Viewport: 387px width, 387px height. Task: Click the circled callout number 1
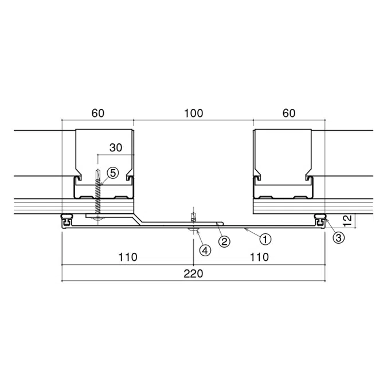click(x=265, y=239)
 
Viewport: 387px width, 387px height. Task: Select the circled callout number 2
click(x=224, y=241)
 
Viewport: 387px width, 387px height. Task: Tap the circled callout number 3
click(x=339, y=238)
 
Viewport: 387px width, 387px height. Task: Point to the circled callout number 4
click(x=205, y=251)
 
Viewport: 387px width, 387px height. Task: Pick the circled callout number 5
click(x=113, y=173)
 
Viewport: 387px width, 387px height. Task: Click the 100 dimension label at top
click(x=194, y=114)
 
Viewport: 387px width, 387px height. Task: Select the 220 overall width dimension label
click(x=193, y=273)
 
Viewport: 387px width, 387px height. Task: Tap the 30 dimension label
click(x=116, y=147)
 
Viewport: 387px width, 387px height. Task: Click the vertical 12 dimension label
click(x=347, y=221)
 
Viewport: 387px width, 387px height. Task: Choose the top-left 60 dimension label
click(x=97, y=114)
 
